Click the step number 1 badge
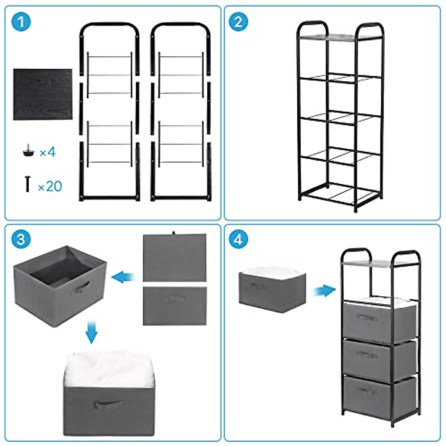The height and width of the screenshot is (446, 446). coord(21,22)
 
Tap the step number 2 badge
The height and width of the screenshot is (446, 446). coord(238,22)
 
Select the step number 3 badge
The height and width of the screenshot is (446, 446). coord(21,239)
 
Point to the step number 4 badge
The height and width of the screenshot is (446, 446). coord(238,239)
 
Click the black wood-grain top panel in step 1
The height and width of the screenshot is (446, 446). coord(43,94)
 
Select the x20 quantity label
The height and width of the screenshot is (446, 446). coord(50,186)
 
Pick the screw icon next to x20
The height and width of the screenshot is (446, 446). coord(27,184)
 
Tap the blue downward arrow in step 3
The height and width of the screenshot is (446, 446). coord(91,333)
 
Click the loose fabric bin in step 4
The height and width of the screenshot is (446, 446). coord(272,290)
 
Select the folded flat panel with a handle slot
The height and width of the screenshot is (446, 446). coord(174,305)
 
